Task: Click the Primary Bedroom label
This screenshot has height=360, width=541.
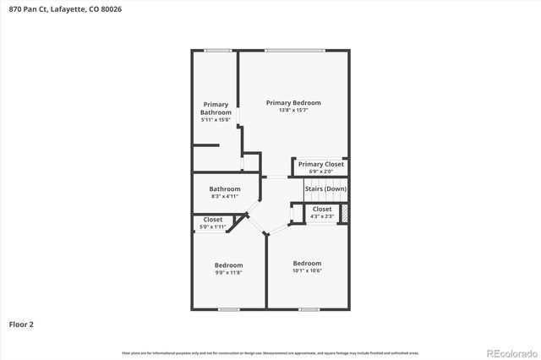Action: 293,103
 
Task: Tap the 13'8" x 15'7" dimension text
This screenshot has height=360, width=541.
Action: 293,111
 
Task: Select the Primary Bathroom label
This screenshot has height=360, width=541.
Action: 215,109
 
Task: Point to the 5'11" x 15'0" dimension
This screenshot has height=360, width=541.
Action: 215,120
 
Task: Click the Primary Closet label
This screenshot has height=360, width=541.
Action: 322,164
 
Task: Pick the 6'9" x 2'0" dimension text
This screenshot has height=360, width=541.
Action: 322,172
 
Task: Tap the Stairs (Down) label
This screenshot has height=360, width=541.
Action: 325,188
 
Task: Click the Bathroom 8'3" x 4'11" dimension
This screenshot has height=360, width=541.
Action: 225,196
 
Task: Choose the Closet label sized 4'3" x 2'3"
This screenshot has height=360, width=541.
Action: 322,209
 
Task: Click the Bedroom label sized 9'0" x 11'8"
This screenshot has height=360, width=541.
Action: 228,265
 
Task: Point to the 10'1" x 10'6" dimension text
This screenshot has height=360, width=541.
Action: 307,270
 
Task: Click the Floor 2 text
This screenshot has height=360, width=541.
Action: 21,324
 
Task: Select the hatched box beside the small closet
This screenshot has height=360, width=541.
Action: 344,210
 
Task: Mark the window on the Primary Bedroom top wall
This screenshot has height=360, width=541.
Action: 293,51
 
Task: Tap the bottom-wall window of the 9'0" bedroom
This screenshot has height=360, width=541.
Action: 228,309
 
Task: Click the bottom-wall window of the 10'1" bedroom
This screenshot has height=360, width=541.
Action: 309,309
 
